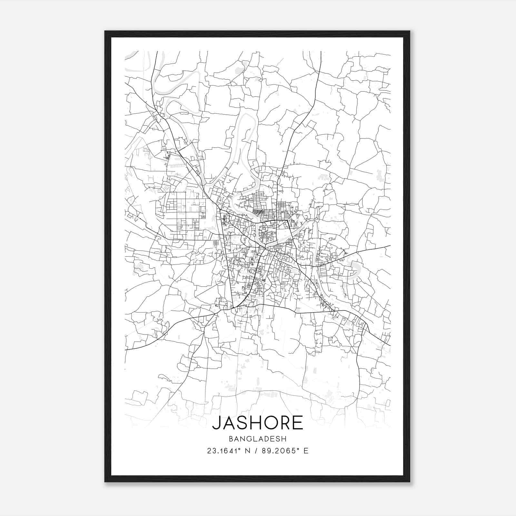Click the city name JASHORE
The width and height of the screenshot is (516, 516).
point(258,422)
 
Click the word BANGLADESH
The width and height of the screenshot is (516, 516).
point(258,439)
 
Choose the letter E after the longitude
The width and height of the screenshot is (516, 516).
point(305,451)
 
